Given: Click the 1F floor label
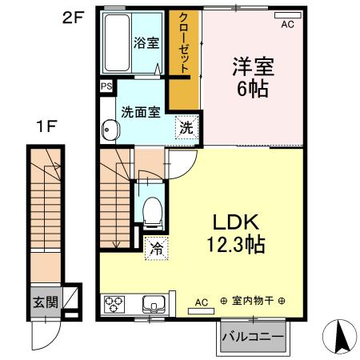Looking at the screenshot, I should [x=46, y=126].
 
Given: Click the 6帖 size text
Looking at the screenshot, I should [x=251, y=88].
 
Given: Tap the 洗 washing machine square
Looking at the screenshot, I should [x=186, y=127].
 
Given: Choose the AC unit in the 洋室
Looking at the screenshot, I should [x=286, y=16].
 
